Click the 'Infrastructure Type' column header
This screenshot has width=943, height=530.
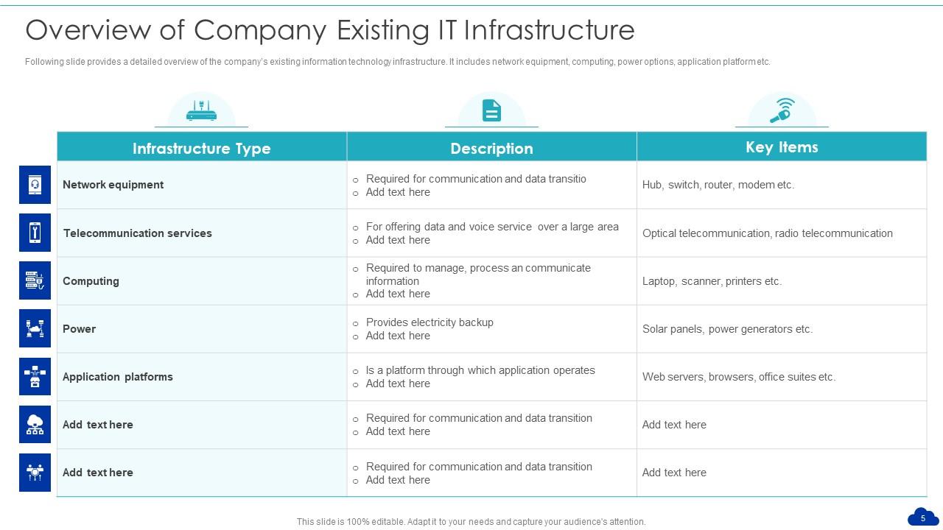click(201, 148)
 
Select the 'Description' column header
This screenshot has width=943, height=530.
click(491, 148)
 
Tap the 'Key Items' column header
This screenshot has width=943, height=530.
click(782, 147)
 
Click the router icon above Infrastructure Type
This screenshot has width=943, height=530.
click(201, 111)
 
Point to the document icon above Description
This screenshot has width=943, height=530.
click(491, 110)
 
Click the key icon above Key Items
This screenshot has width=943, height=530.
click(782, 110)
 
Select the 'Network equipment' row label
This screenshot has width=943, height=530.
click(113, 185)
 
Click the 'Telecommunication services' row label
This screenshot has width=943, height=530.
click(137, 233)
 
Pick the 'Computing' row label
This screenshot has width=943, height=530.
click(91, 281)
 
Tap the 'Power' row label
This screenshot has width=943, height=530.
click(79, 329)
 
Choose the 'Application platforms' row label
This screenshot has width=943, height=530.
click(118, 377)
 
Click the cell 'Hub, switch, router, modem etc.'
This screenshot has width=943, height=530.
click(718, 185)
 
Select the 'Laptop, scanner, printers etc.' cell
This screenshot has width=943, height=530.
click(712, 281)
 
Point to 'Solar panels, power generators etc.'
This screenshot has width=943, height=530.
click(727, 329)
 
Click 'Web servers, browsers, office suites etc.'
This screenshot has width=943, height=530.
click(738, 377)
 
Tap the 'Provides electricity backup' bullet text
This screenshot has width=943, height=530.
click(430, 322)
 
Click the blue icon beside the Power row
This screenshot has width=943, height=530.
click(35, 328)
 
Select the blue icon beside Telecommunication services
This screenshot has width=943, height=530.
click(35, 233)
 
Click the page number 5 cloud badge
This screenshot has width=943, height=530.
click(922, 517)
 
